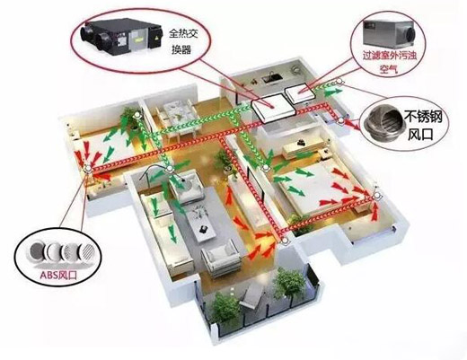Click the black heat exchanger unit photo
click(x=119, y=37)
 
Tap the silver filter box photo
click(x=388, y=32)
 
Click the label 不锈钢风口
click(x=423, y=125)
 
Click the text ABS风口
click(x=57, y=275)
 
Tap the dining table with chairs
click(x=176, y=117)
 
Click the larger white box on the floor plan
click(x=273, y=108)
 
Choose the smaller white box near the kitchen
click(x=300, y=93)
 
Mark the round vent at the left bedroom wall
click(x=88, y=170)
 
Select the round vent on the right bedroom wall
click(x=377, y=197)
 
